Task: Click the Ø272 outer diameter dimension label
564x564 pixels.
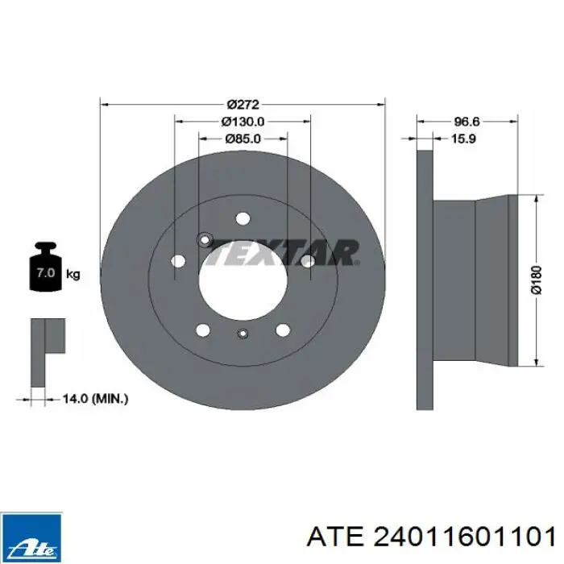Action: (243, 105)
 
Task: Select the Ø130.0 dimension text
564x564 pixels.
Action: (243, 122)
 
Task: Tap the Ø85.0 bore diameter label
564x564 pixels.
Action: (243, 139)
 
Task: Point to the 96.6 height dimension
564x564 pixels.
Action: (467, 122)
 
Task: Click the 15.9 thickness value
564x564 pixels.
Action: (463, 139)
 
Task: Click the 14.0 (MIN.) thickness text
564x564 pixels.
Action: (95, 399)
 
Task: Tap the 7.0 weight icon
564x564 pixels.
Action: (45, 267)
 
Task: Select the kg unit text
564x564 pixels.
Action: (73, 275)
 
